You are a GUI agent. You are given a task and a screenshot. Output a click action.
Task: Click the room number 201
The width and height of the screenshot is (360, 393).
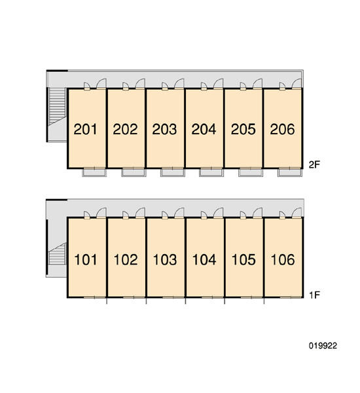85,129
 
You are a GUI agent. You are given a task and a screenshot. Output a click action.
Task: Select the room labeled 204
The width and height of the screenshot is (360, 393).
204,129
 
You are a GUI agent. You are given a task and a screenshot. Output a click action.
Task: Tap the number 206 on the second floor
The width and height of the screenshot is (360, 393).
282,129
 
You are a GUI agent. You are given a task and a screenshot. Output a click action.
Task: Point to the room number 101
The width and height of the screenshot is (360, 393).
86,259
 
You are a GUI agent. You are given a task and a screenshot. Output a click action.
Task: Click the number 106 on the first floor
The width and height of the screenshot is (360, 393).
283,259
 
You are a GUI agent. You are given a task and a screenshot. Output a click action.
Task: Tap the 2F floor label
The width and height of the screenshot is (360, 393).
314,165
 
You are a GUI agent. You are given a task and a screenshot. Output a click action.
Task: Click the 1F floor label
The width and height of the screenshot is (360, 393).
315,295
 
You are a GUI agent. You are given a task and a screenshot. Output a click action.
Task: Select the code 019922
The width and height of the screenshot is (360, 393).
323,346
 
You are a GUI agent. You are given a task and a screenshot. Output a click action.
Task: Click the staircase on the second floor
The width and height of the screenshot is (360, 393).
57,105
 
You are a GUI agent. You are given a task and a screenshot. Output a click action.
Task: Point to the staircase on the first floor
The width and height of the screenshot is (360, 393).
57,254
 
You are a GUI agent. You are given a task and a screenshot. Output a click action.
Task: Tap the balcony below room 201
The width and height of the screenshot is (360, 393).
94,173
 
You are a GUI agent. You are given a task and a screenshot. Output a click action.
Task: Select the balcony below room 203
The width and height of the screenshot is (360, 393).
173,173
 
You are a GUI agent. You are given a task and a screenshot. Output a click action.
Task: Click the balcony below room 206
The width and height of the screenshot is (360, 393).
290,173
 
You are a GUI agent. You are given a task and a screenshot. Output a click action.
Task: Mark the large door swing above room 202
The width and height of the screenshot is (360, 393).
140,83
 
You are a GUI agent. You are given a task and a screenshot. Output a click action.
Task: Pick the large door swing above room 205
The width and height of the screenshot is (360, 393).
257,83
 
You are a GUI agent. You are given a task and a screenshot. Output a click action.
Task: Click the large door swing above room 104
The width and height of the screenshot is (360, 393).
218,213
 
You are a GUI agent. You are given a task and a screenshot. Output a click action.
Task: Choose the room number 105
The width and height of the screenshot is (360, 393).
243,259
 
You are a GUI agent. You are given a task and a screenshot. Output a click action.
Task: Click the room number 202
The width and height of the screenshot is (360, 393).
125,129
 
